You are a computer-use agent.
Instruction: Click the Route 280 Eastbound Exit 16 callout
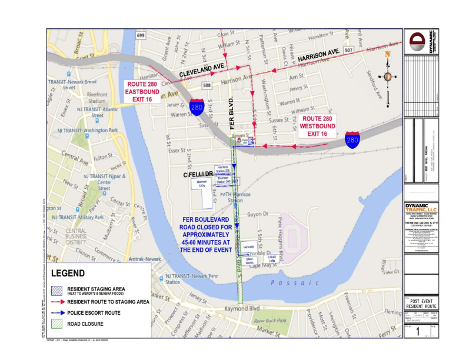click(x=144, y=92)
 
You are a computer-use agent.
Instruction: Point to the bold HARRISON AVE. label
click(x=319, y=58)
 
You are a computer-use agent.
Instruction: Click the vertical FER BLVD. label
click(x=232, y=111)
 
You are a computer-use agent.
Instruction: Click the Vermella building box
click(x=249, y=246)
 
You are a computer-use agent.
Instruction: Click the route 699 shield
click(x=140, y=36)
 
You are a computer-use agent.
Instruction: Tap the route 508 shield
click(x=206, y=85)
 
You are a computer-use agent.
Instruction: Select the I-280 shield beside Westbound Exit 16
click(x=352, y=139)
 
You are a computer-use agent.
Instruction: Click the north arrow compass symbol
click(x=388, y=77)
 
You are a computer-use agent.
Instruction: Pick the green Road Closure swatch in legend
click(x=57, y=323)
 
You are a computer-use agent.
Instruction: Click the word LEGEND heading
click(x=68, y=274)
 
